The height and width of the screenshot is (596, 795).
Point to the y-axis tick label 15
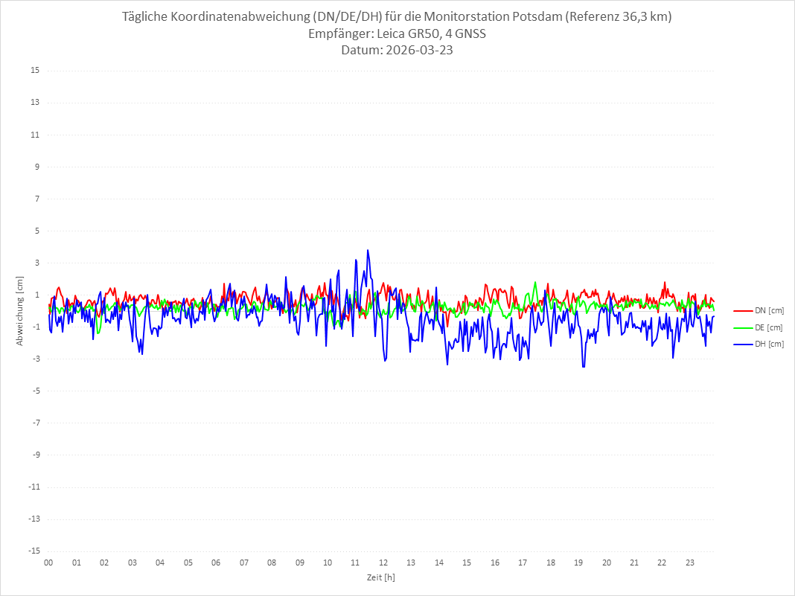point(34,71)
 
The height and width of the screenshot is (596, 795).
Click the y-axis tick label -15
point(33,551)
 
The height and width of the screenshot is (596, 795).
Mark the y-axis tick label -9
point(35,455)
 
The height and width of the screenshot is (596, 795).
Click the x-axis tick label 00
point(48,563)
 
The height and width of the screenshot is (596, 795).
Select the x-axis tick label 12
point(383,563)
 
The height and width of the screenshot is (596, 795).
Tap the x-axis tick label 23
point(690,563)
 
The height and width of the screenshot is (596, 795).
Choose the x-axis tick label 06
point(216,563)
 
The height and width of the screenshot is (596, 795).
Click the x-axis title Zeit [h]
point(380,577)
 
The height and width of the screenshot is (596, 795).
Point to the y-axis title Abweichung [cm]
point(20,310)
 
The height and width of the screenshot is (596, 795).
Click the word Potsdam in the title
point(537,17)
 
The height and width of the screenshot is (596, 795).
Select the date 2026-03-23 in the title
point(417,51)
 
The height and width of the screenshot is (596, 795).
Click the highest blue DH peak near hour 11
point(368,250)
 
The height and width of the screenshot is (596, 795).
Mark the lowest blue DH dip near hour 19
point(584,367)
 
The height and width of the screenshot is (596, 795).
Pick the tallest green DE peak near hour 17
point(535,282)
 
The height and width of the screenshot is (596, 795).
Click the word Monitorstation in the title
point(464,17)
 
